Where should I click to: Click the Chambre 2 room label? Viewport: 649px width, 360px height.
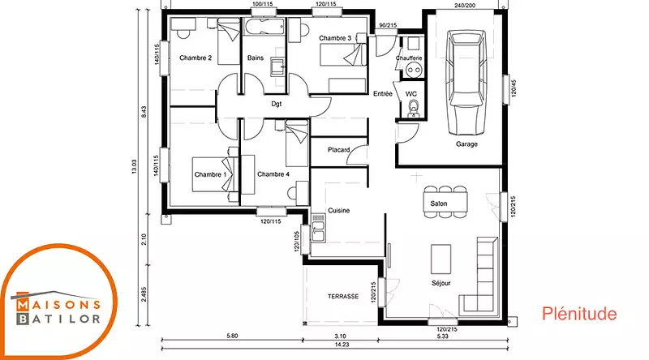coord(196,58)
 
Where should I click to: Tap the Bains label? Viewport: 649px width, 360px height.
coord(256,58)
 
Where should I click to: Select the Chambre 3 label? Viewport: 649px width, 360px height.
coord(335,38)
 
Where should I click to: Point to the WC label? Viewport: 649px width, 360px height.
coord(411,94)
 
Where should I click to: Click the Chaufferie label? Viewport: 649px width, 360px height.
coord(409,58)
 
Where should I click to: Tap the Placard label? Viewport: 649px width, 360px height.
coord(338,150)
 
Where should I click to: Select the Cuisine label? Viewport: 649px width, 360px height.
coord(338,211)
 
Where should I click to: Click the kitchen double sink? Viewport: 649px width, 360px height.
coord(318,228)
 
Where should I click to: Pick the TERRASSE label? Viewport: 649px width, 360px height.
coord(343,296)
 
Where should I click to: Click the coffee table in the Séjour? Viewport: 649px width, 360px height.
coord(441,259)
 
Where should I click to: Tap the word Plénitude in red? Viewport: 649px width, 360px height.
coord(579,314)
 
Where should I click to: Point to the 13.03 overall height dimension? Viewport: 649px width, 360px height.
coord(134,166)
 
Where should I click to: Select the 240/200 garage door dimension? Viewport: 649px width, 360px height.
coord(465,6)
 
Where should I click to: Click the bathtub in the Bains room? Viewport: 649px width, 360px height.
coord(264,28)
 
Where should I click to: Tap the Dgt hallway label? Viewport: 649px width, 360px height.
coord(277,104)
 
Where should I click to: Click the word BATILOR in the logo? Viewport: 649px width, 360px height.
coord(58,319)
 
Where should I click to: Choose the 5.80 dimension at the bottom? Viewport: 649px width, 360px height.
coord(232,336)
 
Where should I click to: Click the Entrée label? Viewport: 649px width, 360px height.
coord(382,94)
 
